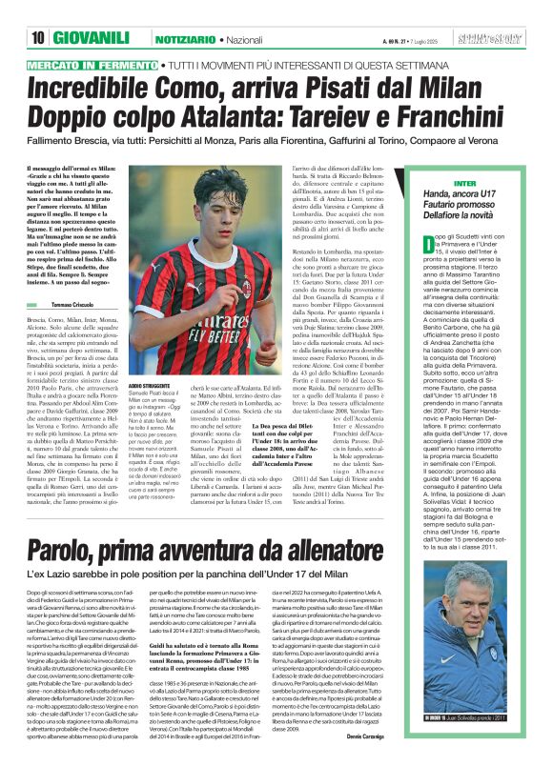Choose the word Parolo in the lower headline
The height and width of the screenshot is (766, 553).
tap(71, 525)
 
